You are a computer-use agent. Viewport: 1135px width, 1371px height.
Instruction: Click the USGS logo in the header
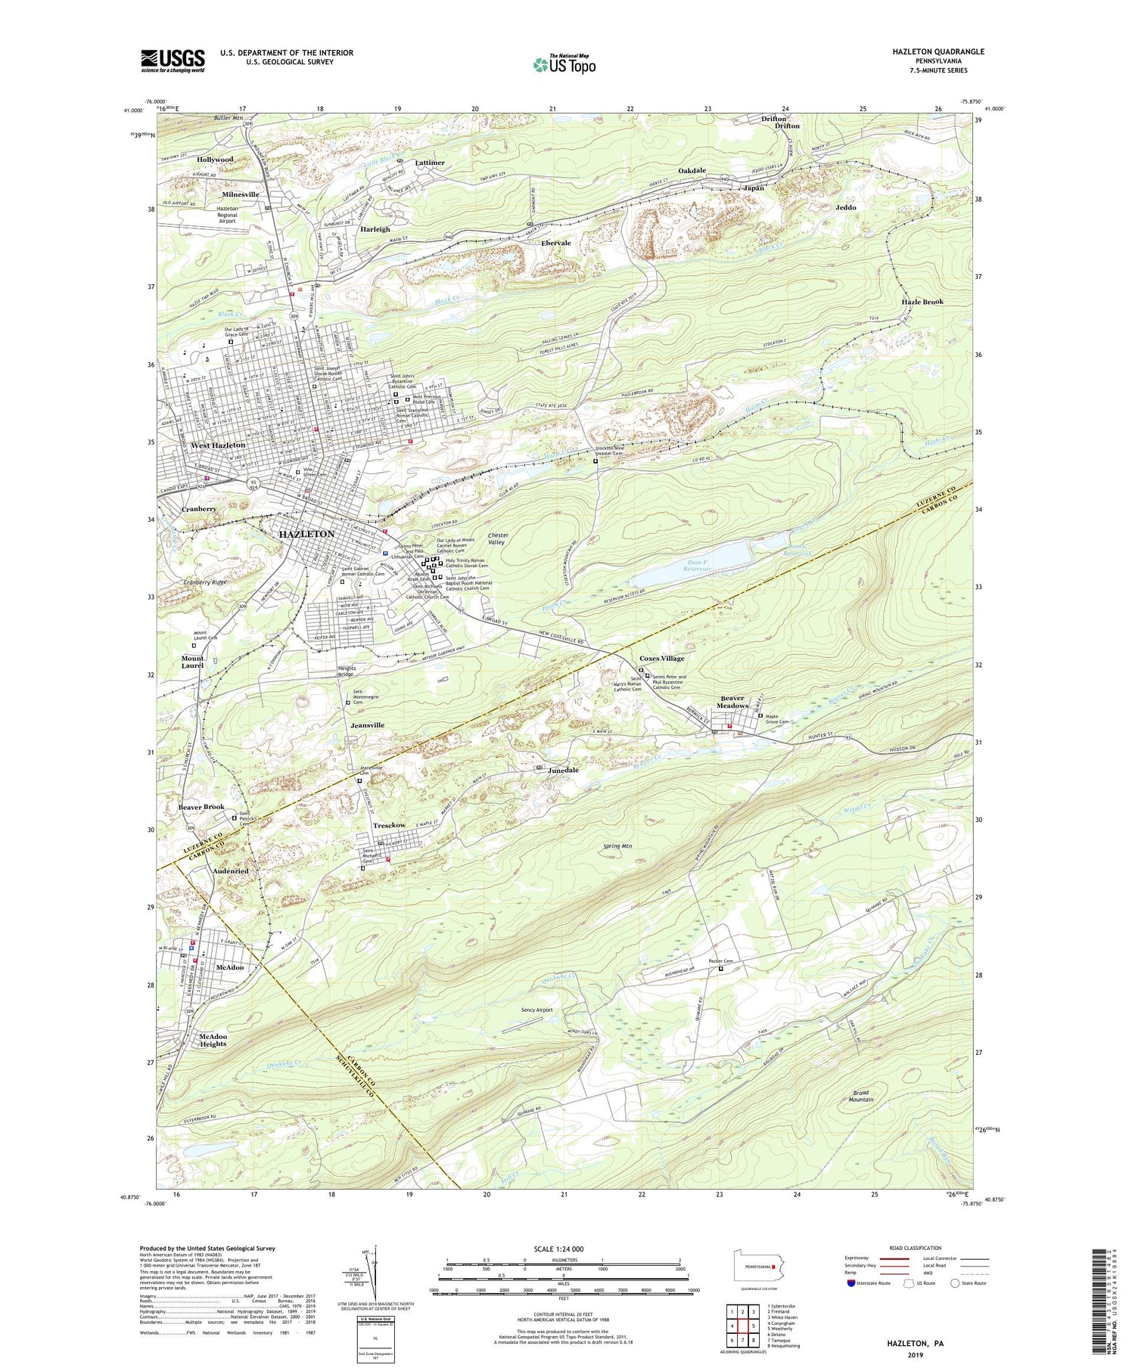coord(173,60)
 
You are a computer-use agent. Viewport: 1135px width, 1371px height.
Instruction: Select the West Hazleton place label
coord(218,445)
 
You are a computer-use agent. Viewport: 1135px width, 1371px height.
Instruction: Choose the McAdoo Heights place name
coord(213,1040)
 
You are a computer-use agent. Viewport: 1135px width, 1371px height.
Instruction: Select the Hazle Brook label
coord(922,302)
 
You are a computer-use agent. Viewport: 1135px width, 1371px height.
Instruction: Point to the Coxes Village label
coord(661,658)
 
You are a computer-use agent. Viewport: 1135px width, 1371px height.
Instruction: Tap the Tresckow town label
coord(389,824)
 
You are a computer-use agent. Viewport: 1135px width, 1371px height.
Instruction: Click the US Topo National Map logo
coord(564,64)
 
